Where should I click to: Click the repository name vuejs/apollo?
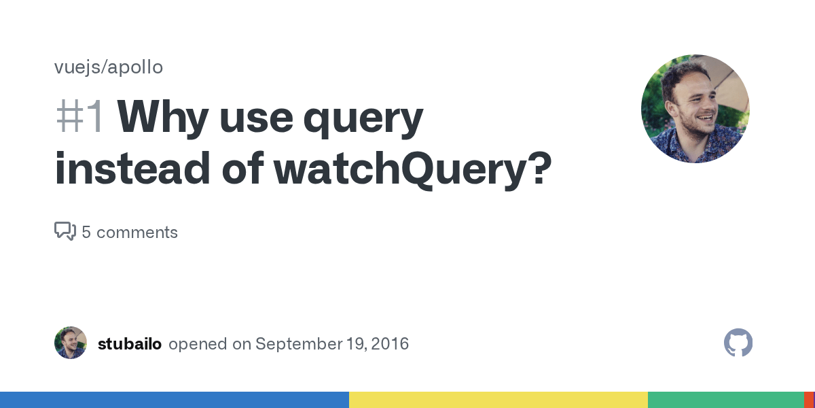[109, 67]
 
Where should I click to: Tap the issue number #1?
[79, 117]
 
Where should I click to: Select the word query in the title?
[363, 119]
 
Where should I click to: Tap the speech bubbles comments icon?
[65, 232]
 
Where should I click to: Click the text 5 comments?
[130, 233]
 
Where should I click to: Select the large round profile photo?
[695, 109]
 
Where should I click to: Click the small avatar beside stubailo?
[71, 343]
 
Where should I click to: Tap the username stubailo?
[130, 344]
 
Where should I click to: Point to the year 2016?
[389, 344]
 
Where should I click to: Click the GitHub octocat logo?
[738, 343]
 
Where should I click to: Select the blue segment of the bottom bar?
[175, 400]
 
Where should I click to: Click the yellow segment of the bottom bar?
[499, 400]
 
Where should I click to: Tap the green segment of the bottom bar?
[725, 400]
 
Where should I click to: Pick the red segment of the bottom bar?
[810, 400]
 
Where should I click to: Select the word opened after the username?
[198, 344]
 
